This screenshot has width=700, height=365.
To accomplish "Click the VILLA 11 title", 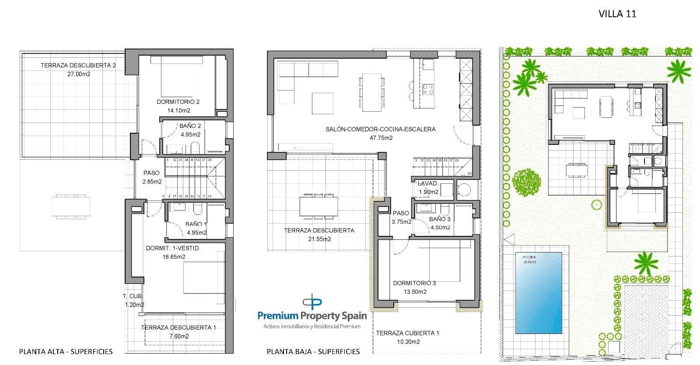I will (617, 14).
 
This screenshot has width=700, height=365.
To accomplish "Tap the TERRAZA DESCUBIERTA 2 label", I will (78, 65).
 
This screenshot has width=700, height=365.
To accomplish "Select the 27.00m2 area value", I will (79, 74).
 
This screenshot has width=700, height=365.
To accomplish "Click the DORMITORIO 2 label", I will (178, 102).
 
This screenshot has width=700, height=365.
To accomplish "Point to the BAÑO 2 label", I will (190, 126).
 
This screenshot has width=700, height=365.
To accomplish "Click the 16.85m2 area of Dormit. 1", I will (174, 257).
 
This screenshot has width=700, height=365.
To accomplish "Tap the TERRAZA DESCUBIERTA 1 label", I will (178, 327).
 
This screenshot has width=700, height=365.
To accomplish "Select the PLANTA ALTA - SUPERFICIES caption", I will (66, 351).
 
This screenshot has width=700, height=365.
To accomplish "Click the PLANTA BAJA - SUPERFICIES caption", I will (313, 351).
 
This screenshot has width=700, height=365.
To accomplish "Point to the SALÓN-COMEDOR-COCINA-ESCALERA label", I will (381, 129).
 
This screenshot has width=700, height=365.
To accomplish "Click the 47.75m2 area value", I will (381, 138).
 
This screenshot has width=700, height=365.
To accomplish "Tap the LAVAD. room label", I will (428, 184).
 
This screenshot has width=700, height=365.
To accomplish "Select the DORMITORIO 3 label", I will (414, 283).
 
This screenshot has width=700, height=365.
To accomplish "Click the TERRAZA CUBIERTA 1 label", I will (407, 333).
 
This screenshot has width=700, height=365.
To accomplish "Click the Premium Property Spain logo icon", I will (312, 302).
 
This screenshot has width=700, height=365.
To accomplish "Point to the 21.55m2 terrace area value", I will (319, 239).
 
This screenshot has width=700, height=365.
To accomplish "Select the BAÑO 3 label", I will (440, 219).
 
